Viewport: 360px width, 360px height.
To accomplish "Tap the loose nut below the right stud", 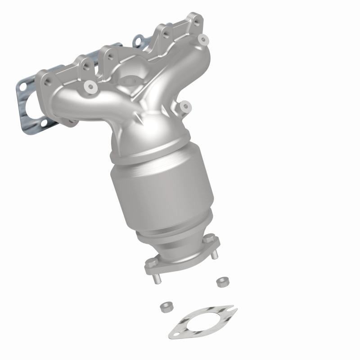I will (x=221, y=282).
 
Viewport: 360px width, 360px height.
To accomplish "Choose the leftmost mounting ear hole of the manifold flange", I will (x=47, y=82).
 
